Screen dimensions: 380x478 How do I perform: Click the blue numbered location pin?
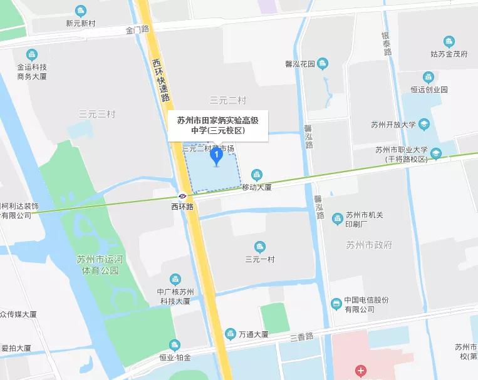pyautogui.click(x=216, y=155)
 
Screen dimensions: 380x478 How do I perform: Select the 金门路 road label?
pyautogui.click(x=137, y=29)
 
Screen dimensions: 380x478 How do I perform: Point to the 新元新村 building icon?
pyautogui.click(x=80, y=11)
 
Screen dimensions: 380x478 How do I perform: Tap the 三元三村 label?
pyautogui.click(x=97, y=115)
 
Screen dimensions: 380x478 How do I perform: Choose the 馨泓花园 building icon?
pyautogui.click(x=323, y=63)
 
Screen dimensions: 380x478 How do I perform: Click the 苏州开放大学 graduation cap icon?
pyautogui.click(x=424, y=124)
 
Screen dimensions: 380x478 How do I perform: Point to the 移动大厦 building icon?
pyautogui.click(x=256, y=175)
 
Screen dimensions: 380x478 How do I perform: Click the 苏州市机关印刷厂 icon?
pyautogui.click(x=338, y=217)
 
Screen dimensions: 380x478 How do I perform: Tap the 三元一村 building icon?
pyautogui.click(x=260, y=247)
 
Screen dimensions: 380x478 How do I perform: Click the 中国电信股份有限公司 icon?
pyautogui.click(x=336, y=304)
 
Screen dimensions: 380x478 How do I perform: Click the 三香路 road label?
pyautogui.click(x=302, y=337)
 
